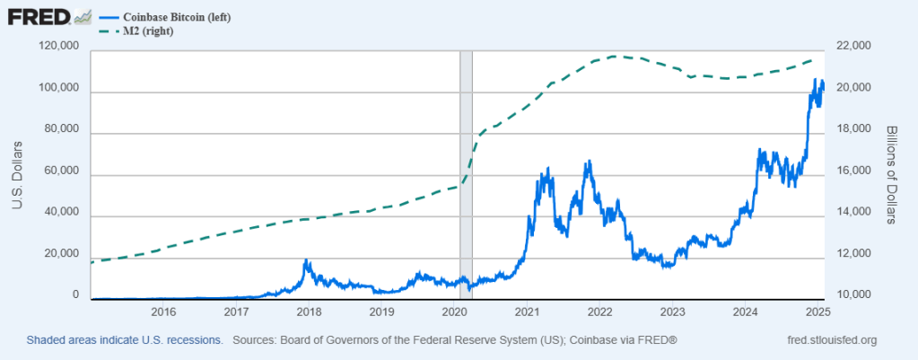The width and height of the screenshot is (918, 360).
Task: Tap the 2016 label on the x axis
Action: point(163,312)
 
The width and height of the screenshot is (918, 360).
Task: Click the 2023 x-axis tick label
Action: point(671,312)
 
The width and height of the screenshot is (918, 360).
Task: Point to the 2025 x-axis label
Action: point(817,312)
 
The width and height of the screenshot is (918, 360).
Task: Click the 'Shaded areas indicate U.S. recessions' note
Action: point(124,340)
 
